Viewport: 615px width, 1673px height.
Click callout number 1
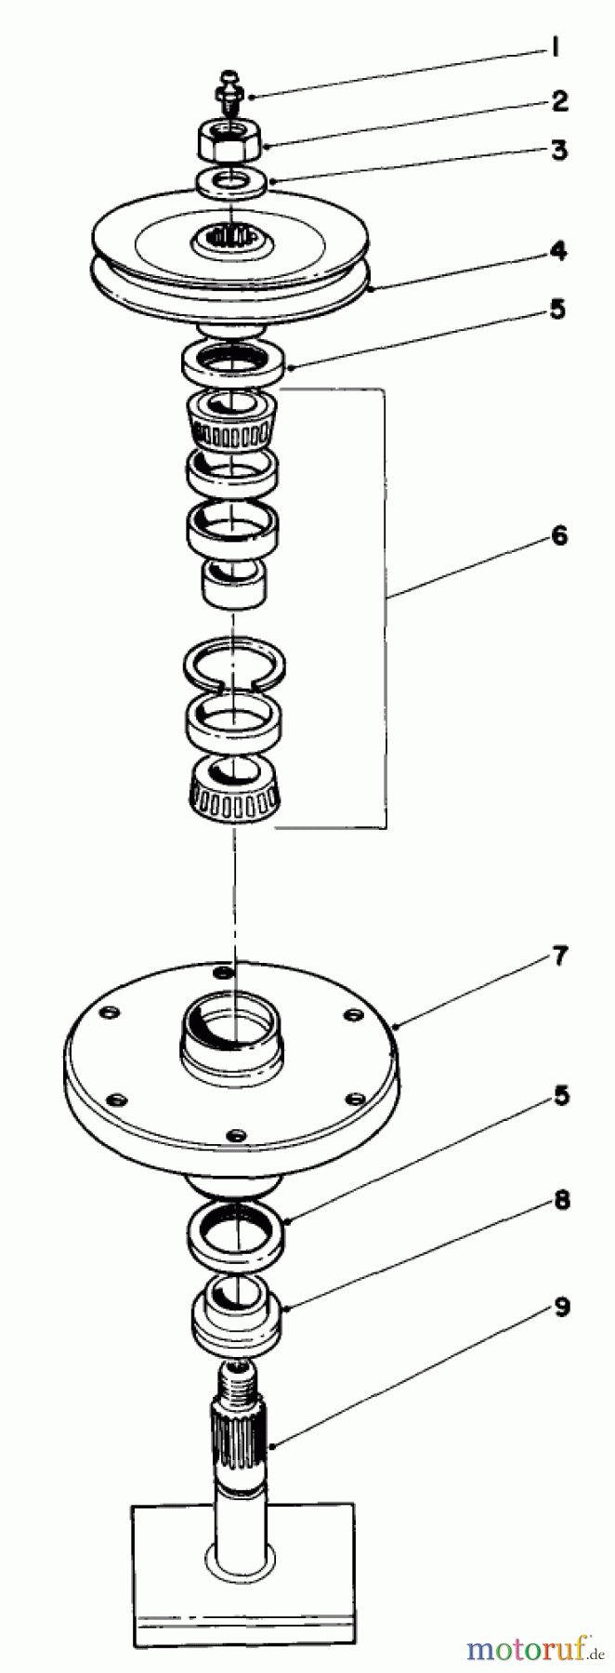pos(555,49)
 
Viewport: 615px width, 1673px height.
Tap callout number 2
pos(558,100)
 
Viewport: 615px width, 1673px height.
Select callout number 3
pos(558,150)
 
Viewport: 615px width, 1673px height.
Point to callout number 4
pos(558,251)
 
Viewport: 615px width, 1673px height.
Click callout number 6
pos(558,537)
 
